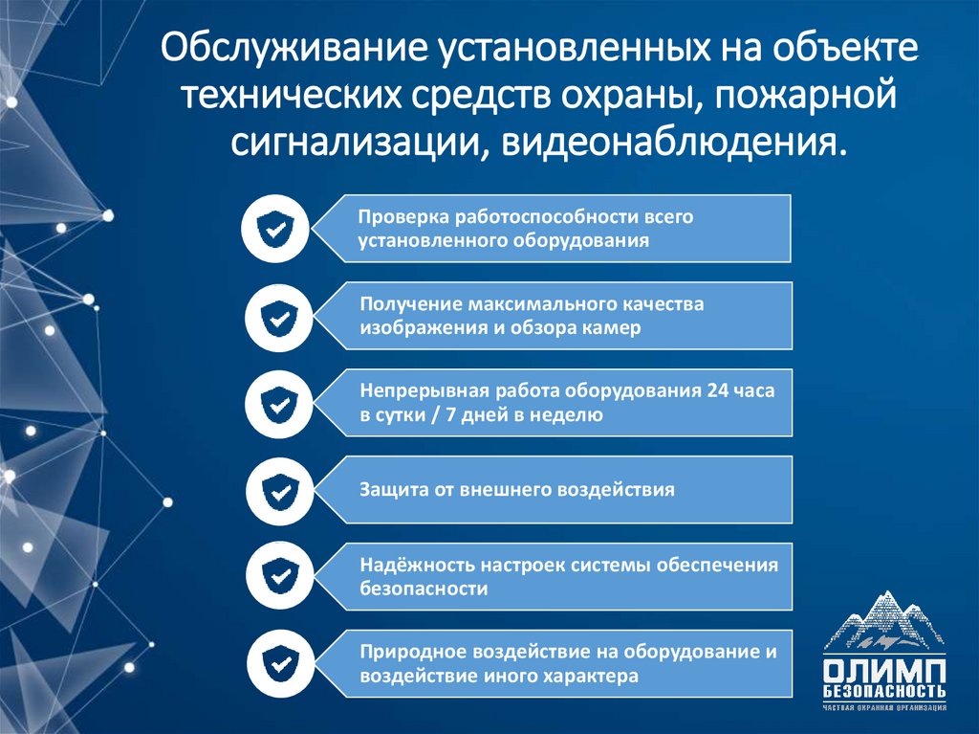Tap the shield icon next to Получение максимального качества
[x=277, y=316]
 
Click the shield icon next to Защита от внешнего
[x=277, y=490]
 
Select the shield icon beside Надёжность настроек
[x=277, y=577]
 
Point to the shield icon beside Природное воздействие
[x=277, y=663]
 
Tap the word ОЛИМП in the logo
[x=884, y=669]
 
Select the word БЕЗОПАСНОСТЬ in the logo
[x=884, y=691]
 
